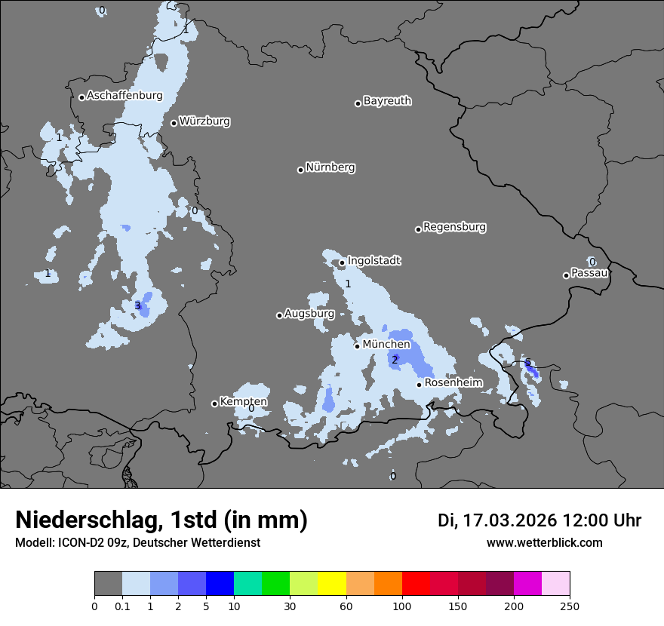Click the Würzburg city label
click(x=204, y=121)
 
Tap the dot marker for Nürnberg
click(x=300, y=170)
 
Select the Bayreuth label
click(x=387, y=101)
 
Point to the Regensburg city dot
click(x=418, y=229)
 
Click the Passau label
click(x=589, y=273)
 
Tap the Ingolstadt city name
click(x=373, y=261)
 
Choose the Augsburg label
click(x=309, y=314)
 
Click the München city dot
click(x=358, y=346)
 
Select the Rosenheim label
click(x=453, y=383)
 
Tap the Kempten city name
click(x=243, y=402)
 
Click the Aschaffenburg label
click(x=124, y=96)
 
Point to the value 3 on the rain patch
click(x=137, y=305)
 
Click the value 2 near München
click(x=394, y=360)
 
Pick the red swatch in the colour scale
click(x=416, y=584)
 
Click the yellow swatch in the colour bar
click(x=332, y=584)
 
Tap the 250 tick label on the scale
click(x=570, y=606)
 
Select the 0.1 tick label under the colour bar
click(x=122, y=606)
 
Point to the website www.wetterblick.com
click(x=544, y=543)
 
